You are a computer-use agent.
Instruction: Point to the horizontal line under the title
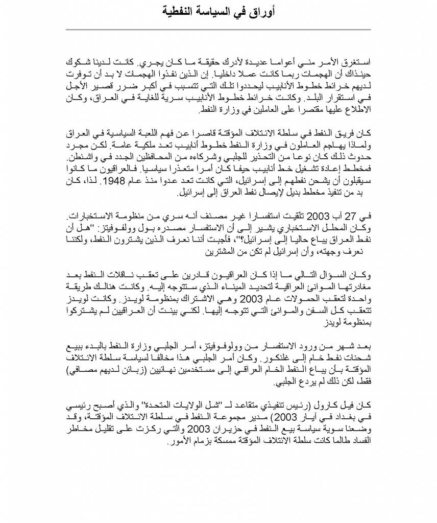[x=218, y=30]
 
